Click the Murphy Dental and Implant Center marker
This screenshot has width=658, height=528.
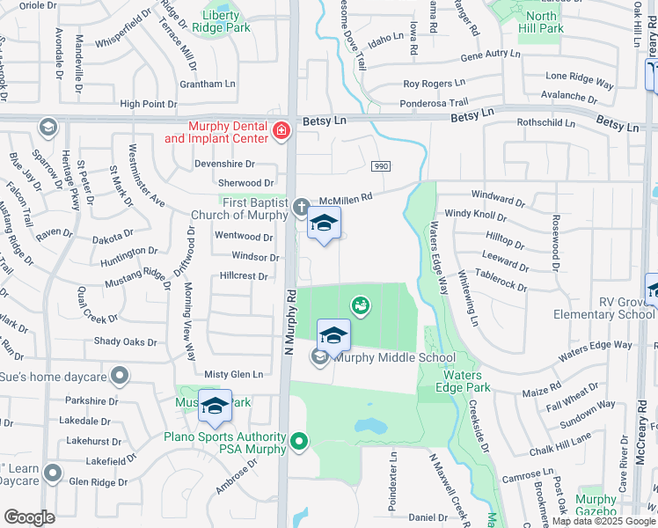[281, 132]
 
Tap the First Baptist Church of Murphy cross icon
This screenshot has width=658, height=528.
[301, 209]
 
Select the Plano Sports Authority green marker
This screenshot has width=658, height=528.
[300, 441]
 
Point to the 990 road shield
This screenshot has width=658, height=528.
[381, 166]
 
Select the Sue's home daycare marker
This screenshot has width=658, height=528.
[120, 378]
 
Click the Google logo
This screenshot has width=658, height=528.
[29, 517]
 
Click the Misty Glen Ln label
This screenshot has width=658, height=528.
[233, 375]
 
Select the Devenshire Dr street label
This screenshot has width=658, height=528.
[223, 164]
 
